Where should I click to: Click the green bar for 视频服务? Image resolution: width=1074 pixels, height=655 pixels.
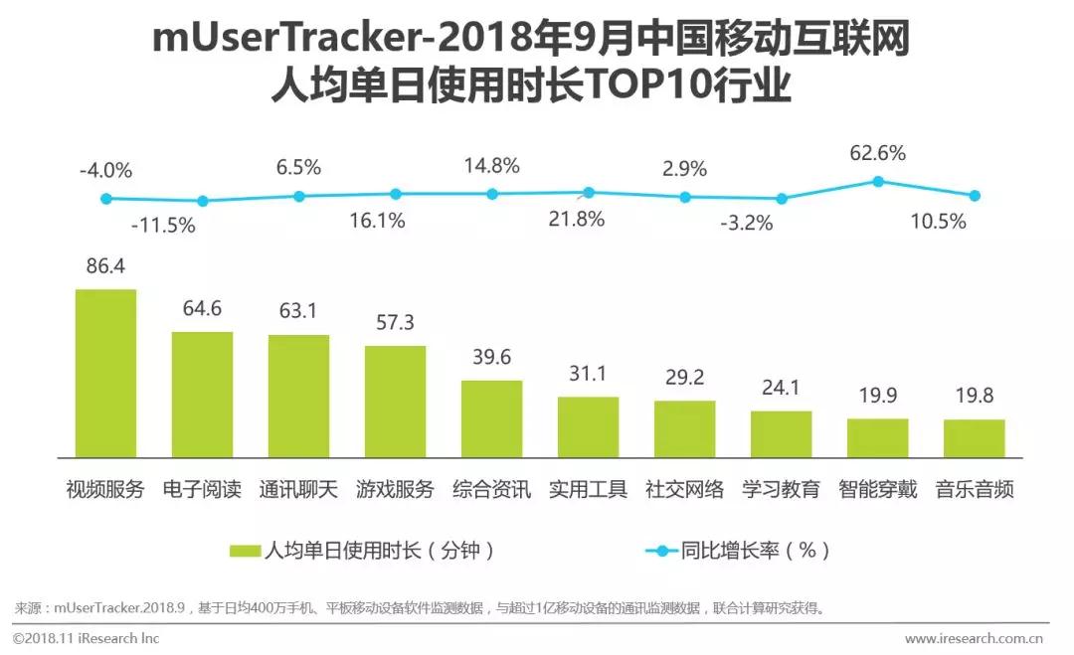click(x=106, y=372)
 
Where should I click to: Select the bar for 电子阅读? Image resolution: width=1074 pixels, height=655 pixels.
click(x=202, y=393)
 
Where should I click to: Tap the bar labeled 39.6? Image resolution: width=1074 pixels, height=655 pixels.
click(x=491, y=417)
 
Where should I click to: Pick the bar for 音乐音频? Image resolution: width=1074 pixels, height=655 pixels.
click(x=974, y=436)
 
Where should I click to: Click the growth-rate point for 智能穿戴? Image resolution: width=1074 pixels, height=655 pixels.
click(x=878, y=181)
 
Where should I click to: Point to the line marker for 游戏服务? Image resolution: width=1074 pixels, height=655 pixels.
click(x=395, y=194)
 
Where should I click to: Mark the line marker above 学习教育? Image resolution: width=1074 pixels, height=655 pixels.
click(x=782, y=199)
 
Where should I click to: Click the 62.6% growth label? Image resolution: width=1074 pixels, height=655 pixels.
click(x=877, y=153)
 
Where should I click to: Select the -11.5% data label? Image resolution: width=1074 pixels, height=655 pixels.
click(x=163, y=225)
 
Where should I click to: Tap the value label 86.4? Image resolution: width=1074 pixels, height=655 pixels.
click(x=106, y=267)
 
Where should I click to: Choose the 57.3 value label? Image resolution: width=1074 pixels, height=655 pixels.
click(x=395, y=324)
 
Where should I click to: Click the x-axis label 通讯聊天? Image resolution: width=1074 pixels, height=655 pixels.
click(x=298, y=489)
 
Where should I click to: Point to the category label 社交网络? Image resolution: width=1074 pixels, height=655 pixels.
click(x=685, y=489)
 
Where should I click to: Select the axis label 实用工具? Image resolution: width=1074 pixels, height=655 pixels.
click(x=588, y=489)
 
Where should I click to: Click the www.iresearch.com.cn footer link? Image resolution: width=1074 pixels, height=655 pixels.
click(x=974, y=638)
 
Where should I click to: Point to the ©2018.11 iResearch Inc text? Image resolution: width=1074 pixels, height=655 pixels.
click(x=86, y=638)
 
